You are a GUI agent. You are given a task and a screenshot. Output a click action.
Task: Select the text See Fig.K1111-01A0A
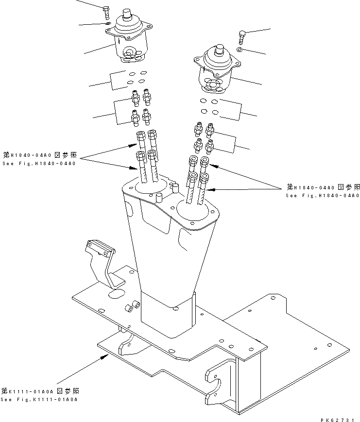(39, 400)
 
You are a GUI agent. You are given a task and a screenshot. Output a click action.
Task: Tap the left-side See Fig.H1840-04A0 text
(38, 163)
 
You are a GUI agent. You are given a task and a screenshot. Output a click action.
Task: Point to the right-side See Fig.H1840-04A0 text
(322, 195)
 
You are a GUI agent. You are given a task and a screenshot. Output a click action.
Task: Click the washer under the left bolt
(107, 23)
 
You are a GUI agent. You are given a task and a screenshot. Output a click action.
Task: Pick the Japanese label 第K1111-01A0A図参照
(40, 391)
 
